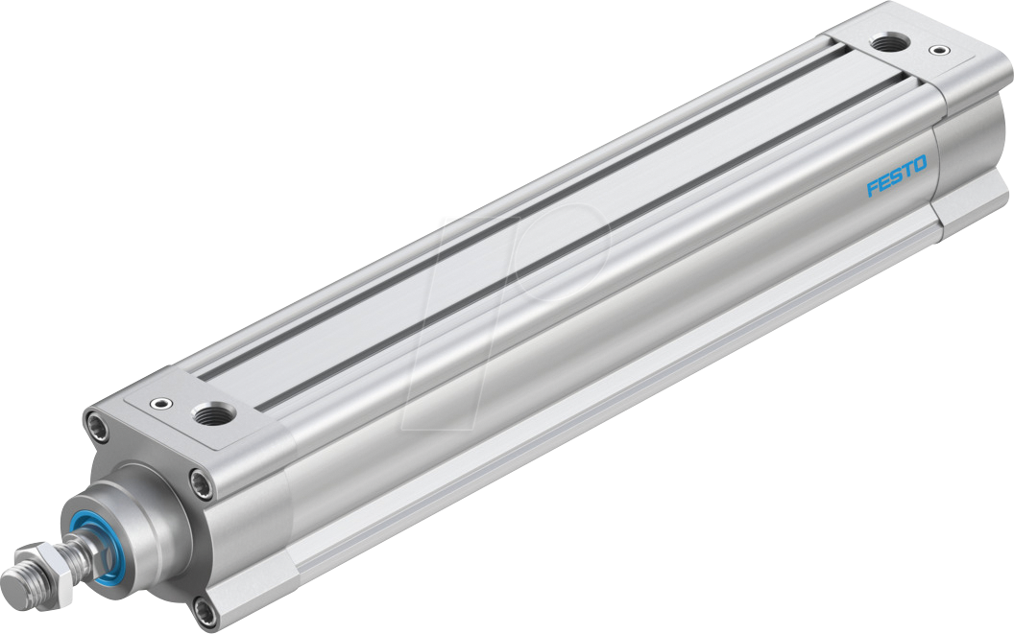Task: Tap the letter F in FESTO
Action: pyautogui.click(x=873, y=187)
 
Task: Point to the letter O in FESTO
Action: pyautogui.click(x=920, y=166)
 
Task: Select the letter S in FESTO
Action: pyautogui.click(x=896, y=176)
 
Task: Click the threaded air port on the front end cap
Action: pyautogui.click(x=206, y=414)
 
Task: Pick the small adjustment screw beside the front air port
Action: pyautogui.click(x=159, y=405)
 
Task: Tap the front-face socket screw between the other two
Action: pyautogui.click(x=200, y=481)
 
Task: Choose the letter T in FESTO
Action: pyautogui.click(x=907, y=172)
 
